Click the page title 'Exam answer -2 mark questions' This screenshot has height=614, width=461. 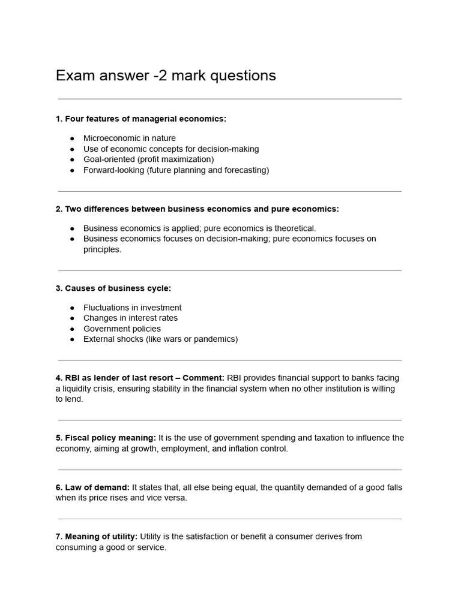click(166, 76)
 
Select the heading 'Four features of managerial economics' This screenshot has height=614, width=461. click(145, 119)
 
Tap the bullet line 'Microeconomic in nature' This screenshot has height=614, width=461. click(129, 138)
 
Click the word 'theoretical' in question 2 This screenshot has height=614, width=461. click(293, 228)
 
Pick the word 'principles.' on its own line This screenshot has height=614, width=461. click(102, 249)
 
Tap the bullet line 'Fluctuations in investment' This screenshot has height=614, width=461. click(132, 308)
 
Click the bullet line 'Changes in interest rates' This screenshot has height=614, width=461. click(130, 318)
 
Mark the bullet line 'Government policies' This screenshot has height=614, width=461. click(122, 329)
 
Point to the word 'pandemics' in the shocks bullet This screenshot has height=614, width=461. click(216, 339)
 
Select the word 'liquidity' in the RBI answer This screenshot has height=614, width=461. click(80, 389)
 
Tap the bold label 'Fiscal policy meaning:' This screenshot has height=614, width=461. click(106, 438)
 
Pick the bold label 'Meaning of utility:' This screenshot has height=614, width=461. click(97, 537)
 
